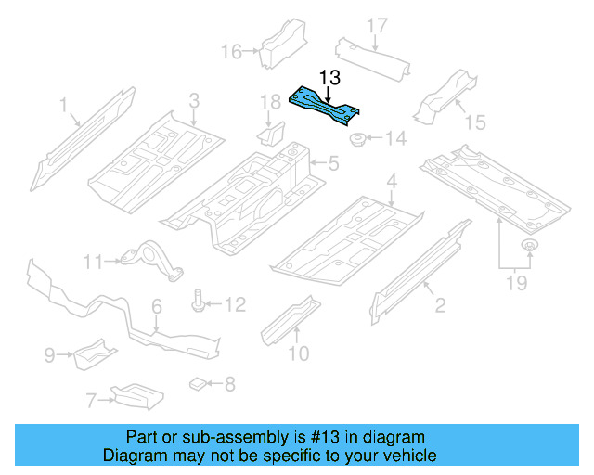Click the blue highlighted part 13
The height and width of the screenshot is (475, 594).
pos(326,104)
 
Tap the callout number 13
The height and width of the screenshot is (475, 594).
pos(329,77)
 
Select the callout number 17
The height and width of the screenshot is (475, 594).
pos(375,25)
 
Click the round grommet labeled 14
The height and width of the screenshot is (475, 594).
pos(357,141)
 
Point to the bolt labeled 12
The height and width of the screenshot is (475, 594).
pos(200,302)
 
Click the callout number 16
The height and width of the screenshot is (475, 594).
pos(230,51)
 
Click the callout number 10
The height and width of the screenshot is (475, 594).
pos(297,353)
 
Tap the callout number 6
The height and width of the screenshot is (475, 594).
pos(157,305)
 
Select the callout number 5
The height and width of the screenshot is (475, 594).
pos(333,165)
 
